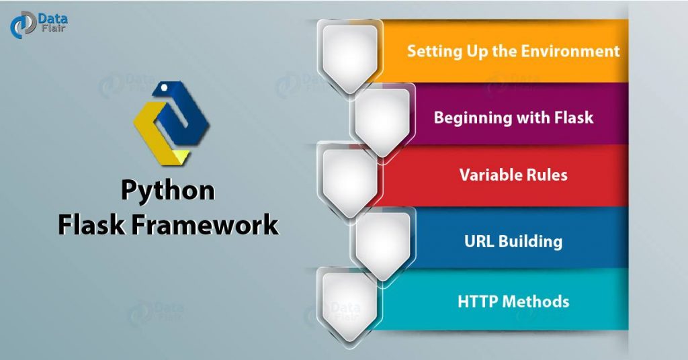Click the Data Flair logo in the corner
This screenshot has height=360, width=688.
38,25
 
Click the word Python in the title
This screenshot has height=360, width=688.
168,191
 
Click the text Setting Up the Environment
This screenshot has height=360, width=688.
513,51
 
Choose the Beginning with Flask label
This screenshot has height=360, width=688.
513,118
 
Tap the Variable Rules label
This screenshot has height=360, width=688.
513,175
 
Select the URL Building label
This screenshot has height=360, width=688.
513,241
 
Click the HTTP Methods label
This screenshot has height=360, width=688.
513,301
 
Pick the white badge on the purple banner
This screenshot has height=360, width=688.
381,120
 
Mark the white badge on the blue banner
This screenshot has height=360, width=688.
381,242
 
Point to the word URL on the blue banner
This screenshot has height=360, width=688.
479,241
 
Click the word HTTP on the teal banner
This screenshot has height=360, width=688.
478,301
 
